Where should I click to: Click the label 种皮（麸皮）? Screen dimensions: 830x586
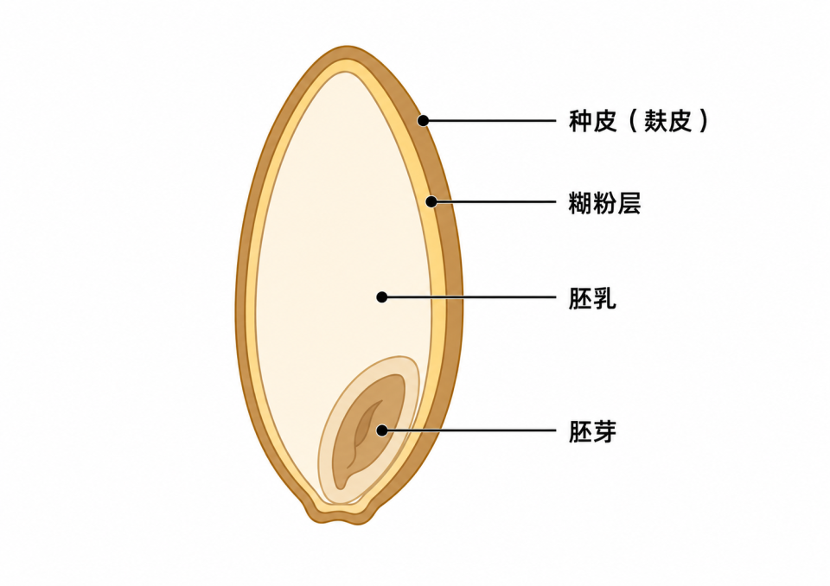(x=638, y=121)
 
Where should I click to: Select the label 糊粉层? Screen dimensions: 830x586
(x=604, y=203)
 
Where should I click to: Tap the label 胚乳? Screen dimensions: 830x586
(x=592, y=298)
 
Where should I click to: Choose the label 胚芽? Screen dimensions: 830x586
(x=592, y=431)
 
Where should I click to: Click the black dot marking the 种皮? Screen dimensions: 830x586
(x=423, y=121)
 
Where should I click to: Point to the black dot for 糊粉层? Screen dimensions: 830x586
(x=431, y=201)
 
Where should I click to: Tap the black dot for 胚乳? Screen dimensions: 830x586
(x=381, y=297)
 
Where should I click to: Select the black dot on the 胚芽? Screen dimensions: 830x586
(x=381, y=430)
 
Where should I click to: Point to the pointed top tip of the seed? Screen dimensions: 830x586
(x=347, y=47)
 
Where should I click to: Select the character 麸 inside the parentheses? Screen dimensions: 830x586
(x=656, y=121)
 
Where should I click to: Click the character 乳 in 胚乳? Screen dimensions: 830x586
(x=604, y=298)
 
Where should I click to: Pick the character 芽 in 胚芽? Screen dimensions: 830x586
(x=604, y=431)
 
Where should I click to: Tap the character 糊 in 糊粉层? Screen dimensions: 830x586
(x=580, y=203)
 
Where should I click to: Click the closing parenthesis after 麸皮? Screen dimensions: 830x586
(x=702, y=121)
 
